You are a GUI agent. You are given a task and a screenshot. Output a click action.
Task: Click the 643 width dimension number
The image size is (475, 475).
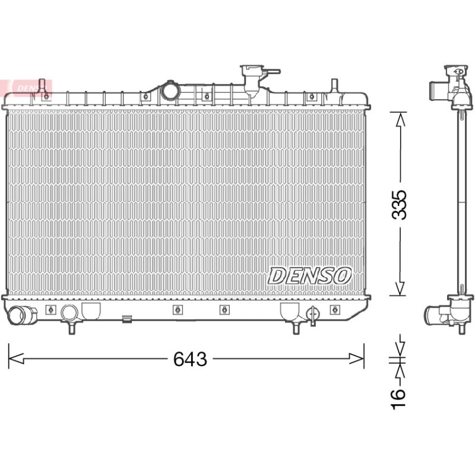[x=190, y=359]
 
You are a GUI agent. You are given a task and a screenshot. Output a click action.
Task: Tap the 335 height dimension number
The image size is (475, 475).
[x=398, y=205]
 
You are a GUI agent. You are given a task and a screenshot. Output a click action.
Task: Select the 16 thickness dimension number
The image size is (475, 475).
[x=398, y=399]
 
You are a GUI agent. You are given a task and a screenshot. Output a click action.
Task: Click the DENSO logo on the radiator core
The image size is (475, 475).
[x=309, y=275]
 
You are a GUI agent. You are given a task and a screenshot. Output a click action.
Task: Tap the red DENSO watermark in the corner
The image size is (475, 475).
[x=27, y=88]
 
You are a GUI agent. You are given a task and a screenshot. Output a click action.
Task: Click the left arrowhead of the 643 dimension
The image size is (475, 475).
[x=16, y=359]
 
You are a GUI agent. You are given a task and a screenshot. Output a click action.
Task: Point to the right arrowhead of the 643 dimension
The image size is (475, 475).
[x=356, y=359]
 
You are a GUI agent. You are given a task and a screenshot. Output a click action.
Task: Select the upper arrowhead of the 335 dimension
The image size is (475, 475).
[x=400, y=120]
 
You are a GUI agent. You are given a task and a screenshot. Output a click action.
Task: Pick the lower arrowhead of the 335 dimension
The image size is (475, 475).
[x=400, y=288]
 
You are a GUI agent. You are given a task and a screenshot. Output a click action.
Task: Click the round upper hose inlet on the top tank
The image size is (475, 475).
[x=170, y=91]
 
